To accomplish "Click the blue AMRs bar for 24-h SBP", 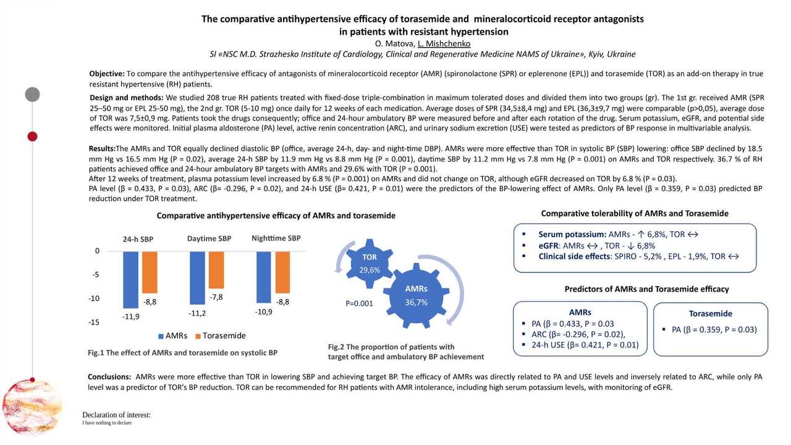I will coord(130,279).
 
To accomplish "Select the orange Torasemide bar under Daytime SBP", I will coord(216,270).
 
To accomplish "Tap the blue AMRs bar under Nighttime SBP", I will coord(263,277).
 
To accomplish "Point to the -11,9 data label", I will coord(131,316).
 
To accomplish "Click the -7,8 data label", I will coord(216,297).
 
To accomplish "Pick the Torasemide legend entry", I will coord(220,336).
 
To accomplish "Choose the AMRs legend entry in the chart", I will coord(173,336).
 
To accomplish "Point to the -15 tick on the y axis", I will coord(93,322).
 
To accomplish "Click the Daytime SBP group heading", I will coord(210,239).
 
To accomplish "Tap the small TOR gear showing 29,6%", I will coord(370,263).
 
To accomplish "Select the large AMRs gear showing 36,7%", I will coord(416,295).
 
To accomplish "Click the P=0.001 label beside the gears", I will coord(359,303).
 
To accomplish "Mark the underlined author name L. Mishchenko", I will coord(444,43).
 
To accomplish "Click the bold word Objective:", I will coord(107,74).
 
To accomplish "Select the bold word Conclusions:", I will coord(109,376).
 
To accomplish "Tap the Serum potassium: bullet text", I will coord(572,234).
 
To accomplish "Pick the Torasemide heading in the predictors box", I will coord(710,313).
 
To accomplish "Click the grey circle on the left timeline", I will coord(32,95).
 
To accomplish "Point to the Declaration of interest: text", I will coord(116,415).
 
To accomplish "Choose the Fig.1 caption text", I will coord(182,353).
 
